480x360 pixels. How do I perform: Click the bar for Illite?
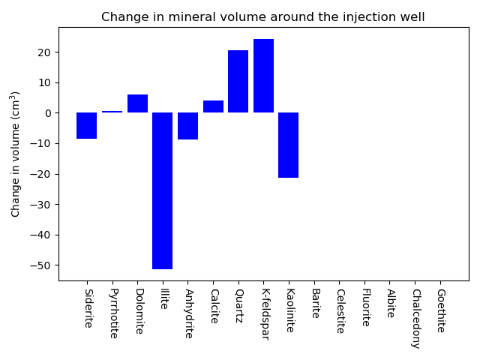[163, 190]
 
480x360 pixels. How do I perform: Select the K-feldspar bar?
[263, 76]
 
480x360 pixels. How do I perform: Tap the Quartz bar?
[238, 82]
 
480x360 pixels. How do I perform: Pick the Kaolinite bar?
[289, 145]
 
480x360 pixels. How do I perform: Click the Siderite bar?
[87, 125]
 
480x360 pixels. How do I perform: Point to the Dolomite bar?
[137, 103]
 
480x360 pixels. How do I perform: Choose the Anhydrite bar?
[187, 126]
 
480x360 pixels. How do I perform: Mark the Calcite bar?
[213, 106]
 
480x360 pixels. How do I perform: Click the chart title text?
[262, 17]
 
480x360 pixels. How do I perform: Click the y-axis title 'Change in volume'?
[15, 154]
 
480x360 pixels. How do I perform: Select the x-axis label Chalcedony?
[415, 318]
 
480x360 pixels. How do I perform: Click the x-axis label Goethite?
[440, 310]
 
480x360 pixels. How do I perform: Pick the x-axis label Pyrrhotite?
[112, 313]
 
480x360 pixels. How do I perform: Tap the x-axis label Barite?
[314, 303]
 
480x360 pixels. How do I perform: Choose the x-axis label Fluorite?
[365, 307]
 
